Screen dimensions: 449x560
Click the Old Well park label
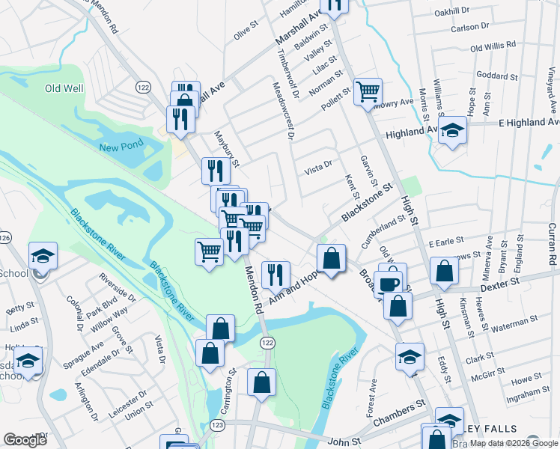(x=64, y=88)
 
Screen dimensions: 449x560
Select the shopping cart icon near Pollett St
(x=368, y=92)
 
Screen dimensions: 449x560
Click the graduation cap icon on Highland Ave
(x=451, y=132)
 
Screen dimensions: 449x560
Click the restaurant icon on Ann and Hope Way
(x=276, y=274)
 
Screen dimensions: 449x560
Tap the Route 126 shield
(x=5, y=237)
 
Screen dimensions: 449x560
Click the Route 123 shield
(x=218, y=424)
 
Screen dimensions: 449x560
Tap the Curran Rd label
(x=551, y=247)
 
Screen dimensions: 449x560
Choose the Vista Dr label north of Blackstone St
(x=317, y=172)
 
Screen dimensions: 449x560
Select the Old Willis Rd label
(x=493, y=46)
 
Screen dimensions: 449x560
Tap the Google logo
(x=25, y=440)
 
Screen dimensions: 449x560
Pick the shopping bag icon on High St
(x=444, y=272)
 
